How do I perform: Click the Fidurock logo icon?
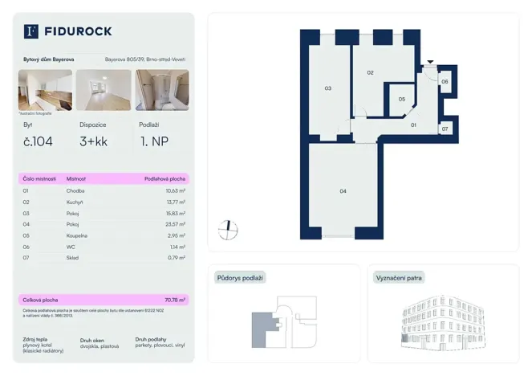pyautogui.click(x=31, y=31)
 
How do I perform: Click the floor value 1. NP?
pyautogui.click(x=154, y=143)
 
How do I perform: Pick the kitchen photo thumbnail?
pyautogui.click(x=45, y=90)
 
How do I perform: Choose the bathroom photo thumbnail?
pyautogui.click(x=161, y=90)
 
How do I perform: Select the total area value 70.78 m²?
pyautogui.click(x=173, y=299)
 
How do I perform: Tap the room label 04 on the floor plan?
pyautogui.click(x=343, y=190)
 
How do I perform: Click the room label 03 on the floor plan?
pyautogui.click(x=327, y=88)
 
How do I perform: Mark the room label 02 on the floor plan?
pyautogui.click(x=370, y=73)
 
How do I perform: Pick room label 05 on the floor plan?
pyautogui.click(x=402, y=99)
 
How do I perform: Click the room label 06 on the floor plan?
pyautogui.click(x=445, y=81)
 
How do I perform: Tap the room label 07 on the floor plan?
pyautogui.click(x=445, y=129)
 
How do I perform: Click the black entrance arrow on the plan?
pyautogui.click(x=431, y=62)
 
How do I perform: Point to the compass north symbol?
pyautogui.click(x=228, y=229)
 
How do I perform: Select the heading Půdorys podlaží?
pyautogui.click(x=240, y=278)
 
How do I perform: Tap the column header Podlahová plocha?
pyautogui.click(x=164, y=178)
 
